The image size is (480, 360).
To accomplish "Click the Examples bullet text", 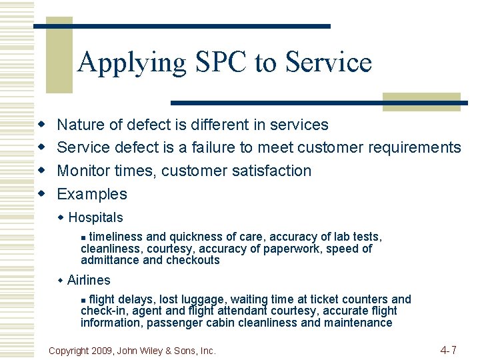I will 92,194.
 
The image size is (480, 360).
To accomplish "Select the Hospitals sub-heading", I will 95,217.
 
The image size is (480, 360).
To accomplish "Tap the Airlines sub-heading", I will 89,280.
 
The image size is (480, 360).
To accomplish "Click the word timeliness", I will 115,237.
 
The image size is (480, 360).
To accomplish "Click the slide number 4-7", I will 448,349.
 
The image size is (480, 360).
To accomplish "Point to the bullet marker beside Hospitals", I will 61,217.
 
